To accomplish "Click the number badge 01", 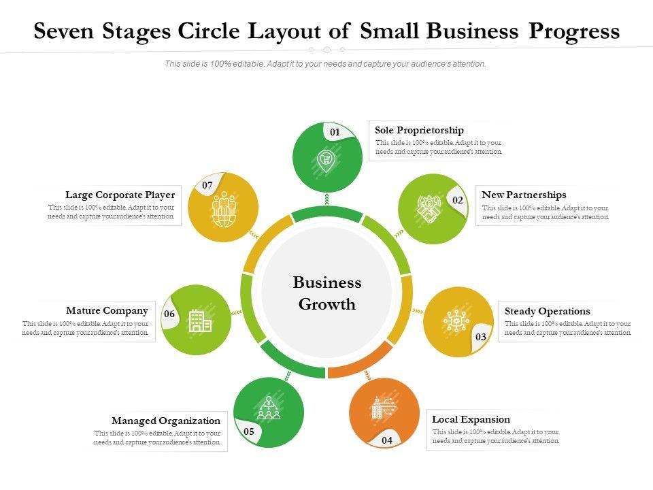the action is pyautogui.click(x=335, y=132).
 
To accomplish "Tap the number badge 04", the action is pyautogui.click(x=387, y=440).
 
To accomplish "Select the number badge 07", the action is pyautogui.click(x=207, y=185).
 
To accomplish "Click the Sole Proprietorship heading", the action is pyautogui.click(x=419, y=130).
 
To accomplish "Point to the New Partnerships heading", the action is pyautogui.click(x=524, y=195).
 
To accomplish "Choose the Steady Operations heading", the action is pyautogui.click(x=547, y=311).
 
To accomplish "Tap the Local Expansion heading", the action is pyautogui.click(x=471, y=419).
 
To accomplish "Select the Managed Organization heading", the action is pyautogui.click(x=166, y=421).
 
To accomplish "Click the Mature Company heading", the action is pyautogui.click(x=107, y=310).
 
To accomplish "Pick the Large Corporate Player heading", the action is pyautogui.click(x=120, y=195).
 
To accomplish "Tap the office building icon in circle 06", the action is pyautogui.click(x=199, y=321).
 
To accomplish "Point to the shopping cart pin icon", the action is pyautogui.click(x=326, y=161).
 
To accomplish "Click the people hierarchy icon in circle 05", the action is pyautogui.click(x=268, y=408).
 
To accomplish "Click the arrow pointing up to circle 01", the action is pyautogui.click(x=327, y=199).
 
